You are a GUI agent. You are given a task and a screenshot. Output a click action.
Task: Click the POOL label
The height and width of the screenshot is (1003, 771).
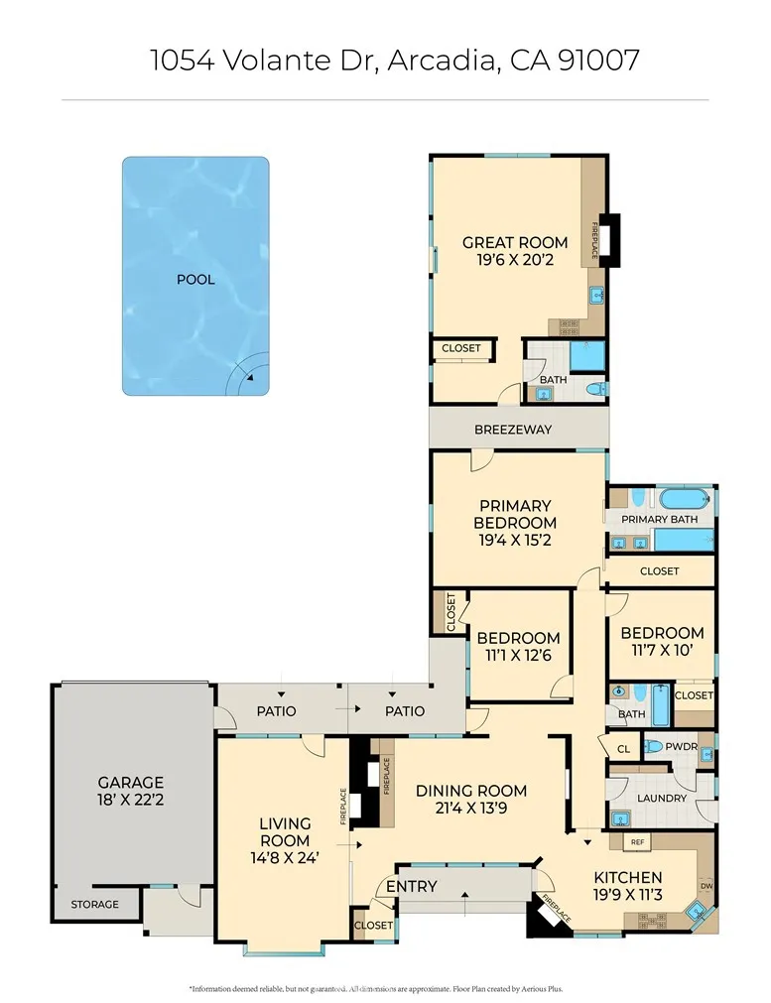coord(195,280)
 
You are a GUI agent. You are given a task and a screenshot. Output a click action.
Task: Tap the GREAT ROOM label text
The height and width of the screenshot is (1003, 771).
coord(515,242)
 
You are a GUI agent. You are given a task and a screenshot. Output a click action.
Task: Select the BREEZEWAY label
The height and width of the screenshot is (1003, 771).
coord(512,430)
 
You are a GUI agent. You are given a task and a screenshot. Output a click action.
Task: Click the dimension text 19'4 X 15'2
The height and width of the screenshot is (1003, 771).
coord(515,541)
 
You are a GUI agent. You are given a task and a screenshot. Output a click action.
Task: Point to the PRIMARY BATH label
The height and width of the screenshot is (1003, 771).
coord(659,519)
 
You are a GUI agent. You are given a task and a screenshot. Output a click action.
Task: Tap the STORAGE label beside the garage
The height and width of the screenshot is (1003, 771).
coord(94,904)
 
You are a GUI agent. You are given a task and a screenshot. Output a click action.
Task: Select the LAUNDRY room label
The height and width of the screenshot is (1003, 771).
coord(662,798)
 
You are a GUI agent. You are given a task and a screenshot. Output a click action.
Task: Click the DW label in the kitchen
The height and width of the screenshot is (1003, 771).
coord(706,886)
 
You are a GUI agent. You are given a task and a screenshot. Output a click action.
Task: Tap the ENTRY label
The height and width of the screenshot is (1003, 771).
coord(411,886)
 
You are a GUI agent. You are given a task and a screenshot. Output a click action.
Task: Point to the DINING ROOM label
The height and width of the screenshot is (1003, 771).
coord(470,791)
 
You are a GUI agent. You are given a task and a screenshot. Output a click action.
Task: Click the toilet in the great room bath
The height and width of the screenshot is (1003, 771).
coord(594,389)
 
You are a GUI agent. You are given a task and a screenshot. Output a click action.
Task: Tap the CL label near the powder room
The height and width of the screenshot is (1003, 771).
coord(623,749)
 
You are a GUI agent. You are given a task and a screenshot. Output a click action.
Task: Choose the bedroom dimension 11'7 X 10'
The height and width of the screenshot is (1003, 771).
coord(662,650)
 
